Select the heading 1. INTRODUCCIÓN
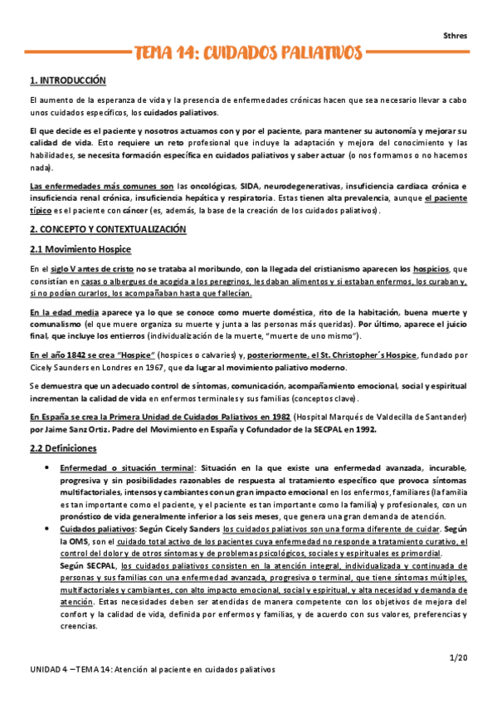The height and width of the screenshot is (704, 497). tap(68, 81)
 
